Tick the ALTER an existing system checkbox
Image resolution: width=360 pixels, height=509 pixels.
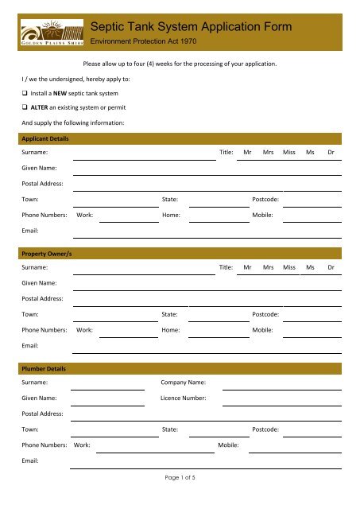click(25, 107)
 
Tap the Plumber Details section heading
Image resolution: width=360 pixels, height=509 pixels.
click(44, 370)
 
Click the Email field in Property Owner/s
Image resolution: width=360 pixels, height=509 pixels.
click(207, 348)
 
